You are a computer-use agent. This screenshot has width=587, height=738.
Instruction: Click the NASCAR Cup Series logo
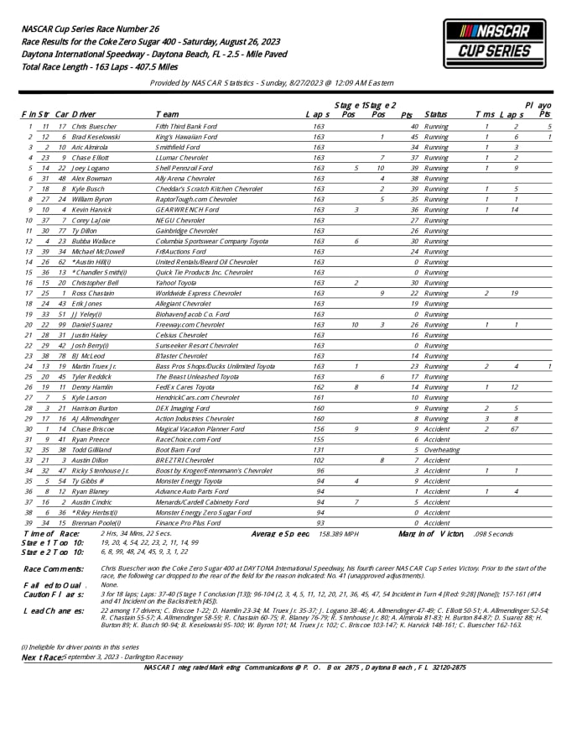pyautogui.click(x=494, y=44)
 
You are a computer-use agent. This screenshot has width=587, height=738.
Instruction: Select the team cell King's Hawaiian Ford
pyautogui.click(x=186, y=136)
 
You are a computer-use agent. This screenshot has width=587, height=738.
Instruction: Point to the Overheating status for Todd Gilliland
pyautogui.click(x=442, y=449)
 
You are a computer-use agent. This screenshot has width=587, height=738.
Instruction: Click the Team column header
pyautogui.click(x=167, y=114)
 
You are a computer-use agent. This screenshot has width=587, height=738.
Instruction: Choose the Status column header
pyautogui.click(x=436, y=114)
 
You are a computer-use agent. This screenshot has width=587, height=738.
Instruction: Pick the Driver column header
pyautogui.click(x=83, y=114)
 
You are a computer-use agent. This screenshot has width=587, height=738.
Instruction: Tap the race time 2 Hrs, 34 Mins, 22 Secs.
pyautogui.click(x=135, y=534)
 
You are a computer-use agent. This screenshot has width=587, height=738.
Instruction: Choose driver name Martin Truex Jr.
pyautogui.click(x=95, y=366)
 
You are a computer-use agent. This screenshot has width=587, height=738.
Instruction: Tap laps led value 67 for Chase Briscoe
pyautogui.click(x=514, y=428)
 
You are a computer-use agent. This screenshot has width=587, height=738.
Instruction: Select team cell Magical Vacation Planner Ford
pyautogui.click(x=200, y=428)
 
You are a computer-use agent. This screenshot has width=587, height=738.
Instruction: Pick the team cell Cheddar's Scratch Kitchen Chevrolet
pyautogui.click(x=209, y=189)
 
